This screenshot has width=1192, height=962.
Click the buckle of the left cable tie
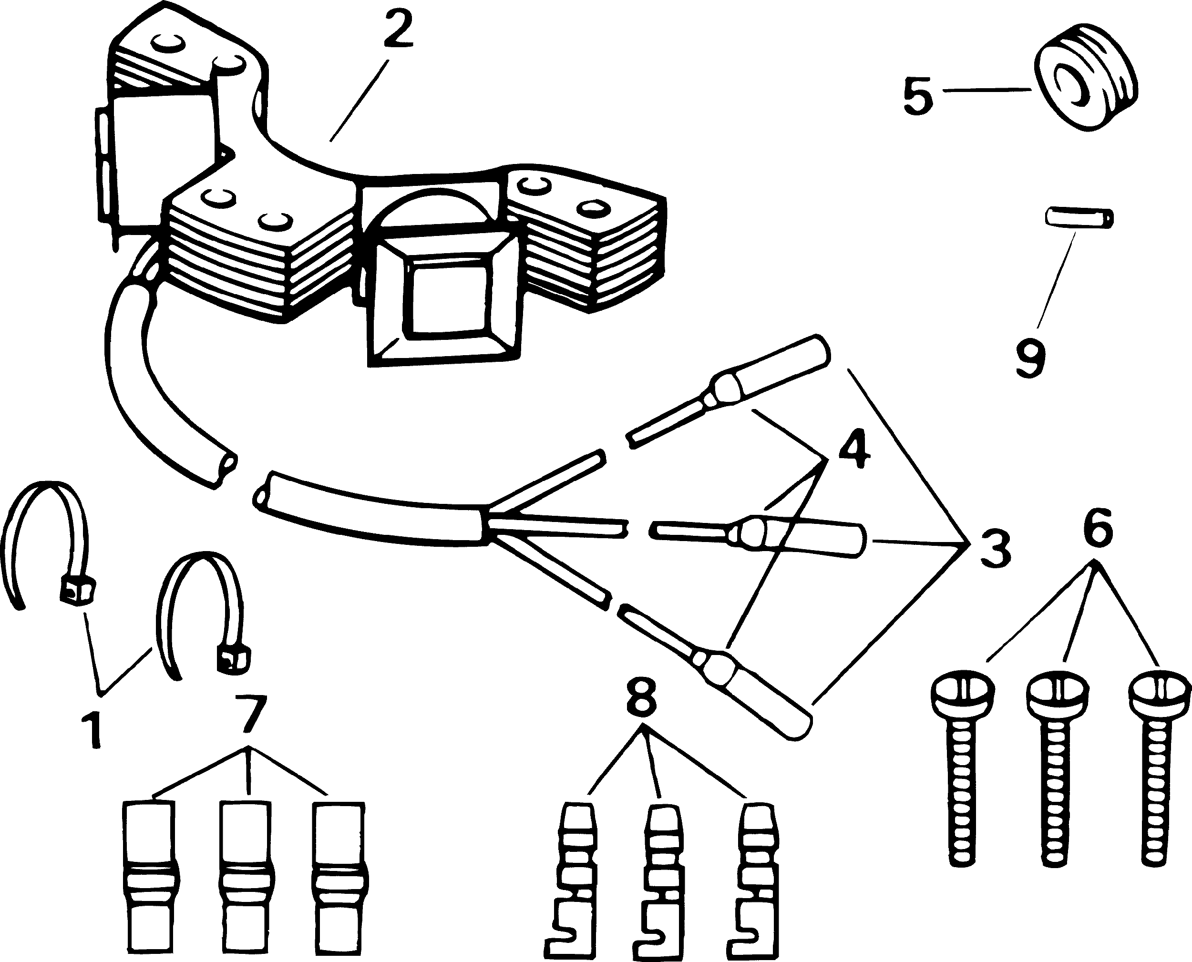(76, 591)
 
